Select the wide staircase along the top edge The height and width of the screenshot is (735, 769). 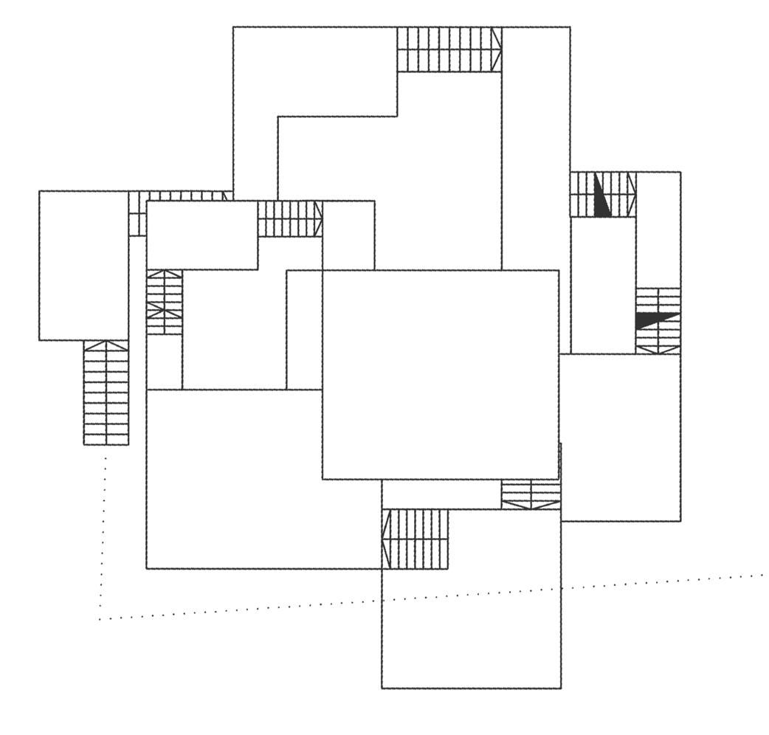coord(449,49)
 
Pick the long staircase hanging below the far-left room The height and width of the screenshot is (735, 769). coord(106,393)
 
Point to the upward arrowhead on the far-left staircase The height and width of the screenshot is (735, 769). coord(106,345)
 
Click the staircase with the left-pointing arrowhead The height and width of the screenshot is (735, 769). coord(415,539)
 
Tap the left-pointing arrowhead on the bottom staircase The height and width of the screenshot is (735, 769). coord(385,539)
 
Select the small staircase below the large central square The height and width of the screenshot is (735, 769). coord(531,494)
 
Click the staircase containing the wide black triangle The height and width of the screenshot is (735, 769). coord(658,320)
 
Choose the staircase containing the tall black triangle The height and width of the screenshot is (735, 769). coord(602,194)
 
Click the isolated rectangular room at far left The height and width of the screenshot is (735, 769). coord(83,266)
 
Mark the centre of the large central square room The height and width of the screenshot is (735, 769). coord(441,375)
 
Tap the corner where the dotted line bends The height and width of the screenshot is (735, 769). coord(100,618)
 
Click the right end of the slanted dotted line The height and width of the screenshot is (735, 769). coord(762,574)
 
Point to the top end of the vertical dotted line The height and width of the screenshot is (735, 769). coord(106,458)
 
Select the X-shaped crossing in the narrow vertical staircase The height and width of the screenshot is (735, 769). coord(164,309)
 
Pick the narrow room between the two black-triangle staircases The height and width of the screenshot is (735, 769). coord(603,284)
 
